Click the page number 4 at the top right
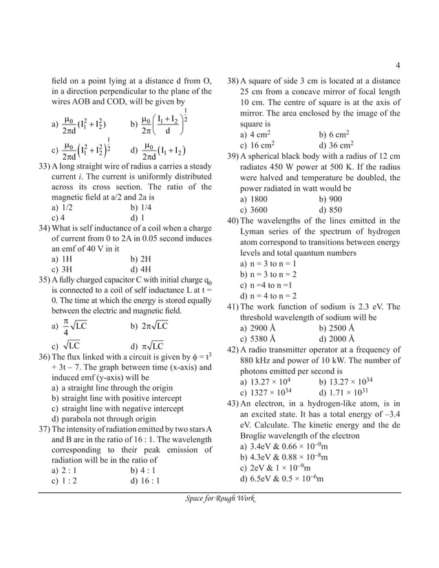pos(398,66)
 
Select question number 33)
pos(45,166)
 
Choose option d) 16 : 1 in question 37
pos(144,481)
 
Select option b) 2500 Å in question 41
pos(336,328)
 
